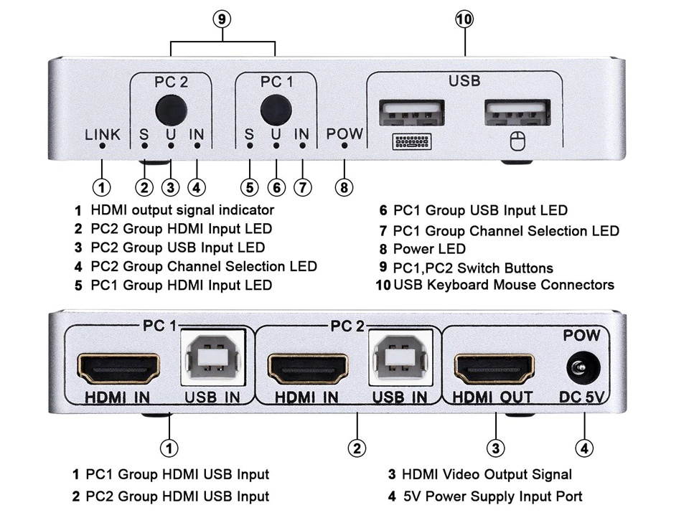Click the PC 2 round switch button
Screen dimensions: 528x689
tap(171, 109)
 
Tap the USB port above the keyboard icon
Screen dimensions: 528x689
tap(412, 113)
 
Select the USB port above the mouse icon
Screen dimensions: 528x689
tap(517, 113)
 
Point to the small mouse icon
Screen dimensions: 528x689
tap(517, 142)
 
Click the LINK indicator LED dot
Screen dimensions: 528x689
tap(103, 146)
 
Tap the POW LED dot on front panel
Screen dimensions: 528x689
tap(344, 146)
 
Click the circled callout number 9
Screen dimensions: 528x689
tap(222, 19)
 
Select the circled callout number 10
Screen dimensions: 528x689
tap(464, 19)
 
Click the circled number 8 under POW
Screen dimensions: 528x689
tap(344, 187)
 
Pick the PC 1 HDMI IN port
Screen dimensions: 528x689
tap(118, 368)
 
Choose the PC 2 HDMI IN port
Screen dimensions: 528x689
tap(304, 368)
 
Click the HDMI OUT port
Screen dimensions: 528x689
tap(494, 368)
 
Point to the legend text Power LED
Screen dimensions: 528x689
tap(429, 249)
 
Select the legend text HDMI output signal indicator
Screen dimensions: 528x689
tap(182, 210)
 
